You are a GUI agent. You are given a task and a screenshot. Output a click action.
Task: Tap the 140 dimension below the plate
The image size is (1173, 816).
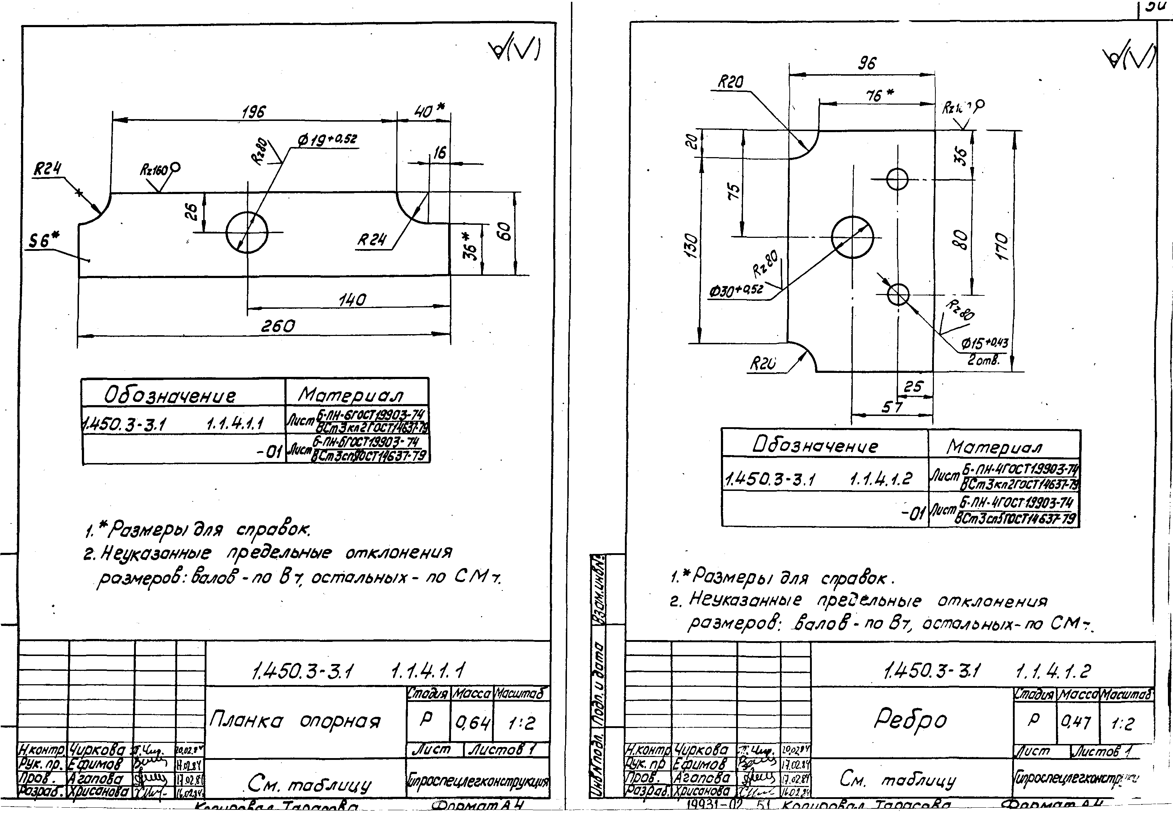(352, 299)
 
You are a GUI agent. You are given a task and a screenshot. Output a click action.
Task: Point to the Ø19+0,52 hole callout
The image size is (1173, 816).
(327, 139)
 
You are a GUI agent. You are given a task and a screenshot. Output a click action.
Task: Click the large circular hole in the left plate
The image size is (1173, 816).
(247, 232)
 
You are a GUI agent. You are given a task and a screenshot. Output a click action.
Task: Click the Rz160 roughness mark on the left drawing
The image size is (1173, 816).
(159, 169)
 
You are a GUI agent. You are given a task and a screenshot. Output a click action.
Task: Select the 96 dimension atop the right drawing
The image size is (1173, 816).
(867, 63)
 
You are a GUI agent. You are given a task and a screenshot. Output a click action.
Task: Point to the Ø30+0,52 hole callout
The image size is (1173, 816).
(736, 291)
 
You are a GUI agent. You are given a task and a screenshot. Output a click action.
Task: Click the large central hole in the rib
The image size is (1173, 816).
(852, 237)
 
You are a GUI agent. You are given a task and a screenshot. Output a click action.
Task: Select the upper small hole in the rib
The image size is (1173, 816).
(897, 179)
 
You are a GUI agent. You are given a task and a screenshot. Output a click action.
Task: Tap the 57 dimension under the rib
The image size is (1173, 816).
(892, 407)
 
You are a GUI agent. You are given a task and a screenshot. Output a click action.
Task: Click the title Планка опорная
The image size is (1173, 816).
(295, 721)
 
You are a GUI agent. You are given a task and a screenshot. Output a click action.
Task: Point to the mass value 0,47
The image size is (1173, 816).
(1076, 722)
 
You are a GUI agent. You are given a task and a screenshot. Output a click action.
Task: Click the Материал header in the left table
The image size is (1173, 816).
(351, 395)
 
